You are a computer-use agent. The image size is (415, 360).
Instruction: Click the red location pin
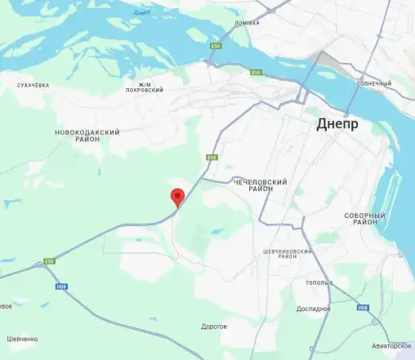coord(176,197)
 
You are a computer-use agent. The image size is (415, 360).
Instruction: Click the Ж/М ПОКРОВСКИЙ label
coord(146,88)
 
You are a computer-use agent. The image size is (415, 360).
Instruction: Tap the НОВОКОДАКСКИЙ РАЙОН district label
coord(87,136)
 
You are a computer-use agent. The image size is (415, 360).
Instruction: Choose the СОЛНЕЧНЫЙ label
coord(374,83)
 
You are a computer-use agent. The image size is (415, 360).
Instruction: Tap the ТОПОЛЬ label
coord(318,282)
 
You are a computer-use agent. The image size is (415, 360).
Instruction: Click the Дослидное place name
coord(314,309)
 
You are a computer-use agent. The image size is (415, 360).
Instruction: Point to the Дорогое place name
coord(214,327)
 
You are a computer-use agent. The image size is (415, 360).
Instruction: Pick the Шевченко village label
coord(22,339)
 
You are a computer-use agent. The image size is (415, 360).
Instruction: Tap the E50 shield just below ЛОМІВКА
coord(216,47)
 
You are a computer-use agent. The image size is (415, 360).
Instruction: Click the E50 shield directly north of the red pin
coord(212,157)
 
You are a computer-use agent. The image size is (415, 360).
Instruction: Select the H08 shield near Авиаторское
coord(364,308)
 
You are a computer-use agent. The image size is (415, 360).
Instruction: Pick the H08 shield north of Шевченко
coord(62,287)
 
